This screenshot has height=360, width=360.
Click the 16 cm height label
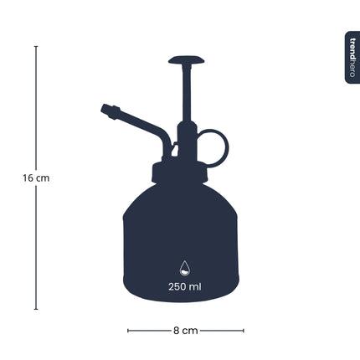(x=36, y=178)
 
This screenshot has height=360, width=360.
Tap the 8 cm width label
(x=185, y=331)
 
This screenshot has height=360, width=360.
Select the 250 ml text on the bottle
(x=185, y=286)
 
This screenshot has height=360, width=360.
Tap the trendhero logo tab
(x=352, y=57)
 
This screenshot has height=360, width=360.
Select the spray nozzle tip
(x=107, y=109)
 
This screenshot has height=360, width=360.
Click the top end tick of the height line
(x=36, y=47)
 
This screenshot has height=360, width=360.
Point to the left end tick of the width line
(x=128, y=331)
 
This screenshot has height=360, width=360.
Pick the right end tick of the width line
(x=243, y=331)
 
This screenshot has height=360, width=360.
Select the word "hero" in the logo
(x=352, y=69)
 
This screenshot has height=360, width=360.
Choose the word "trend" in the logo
(x=352, y=48)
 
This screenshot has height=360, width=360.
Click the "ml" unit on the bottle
(x=196, y=286)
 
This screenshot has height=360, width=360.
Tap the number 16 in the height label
(x=28, y=178)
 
